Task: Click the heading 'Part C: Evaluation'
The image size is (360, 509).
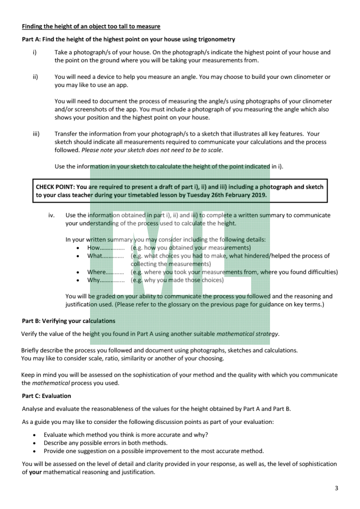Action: tap(46, 396)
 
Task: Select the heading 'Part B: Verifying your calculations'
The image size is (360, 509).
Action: tap(68, 321)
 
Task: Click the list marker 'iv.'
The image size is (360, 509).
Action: tap(52, 215)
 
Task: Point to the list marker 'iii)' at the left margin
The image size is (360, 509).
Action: tap(36, 134)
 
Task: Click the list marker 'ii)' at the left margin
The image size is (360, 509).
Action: tap(35, 77)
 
